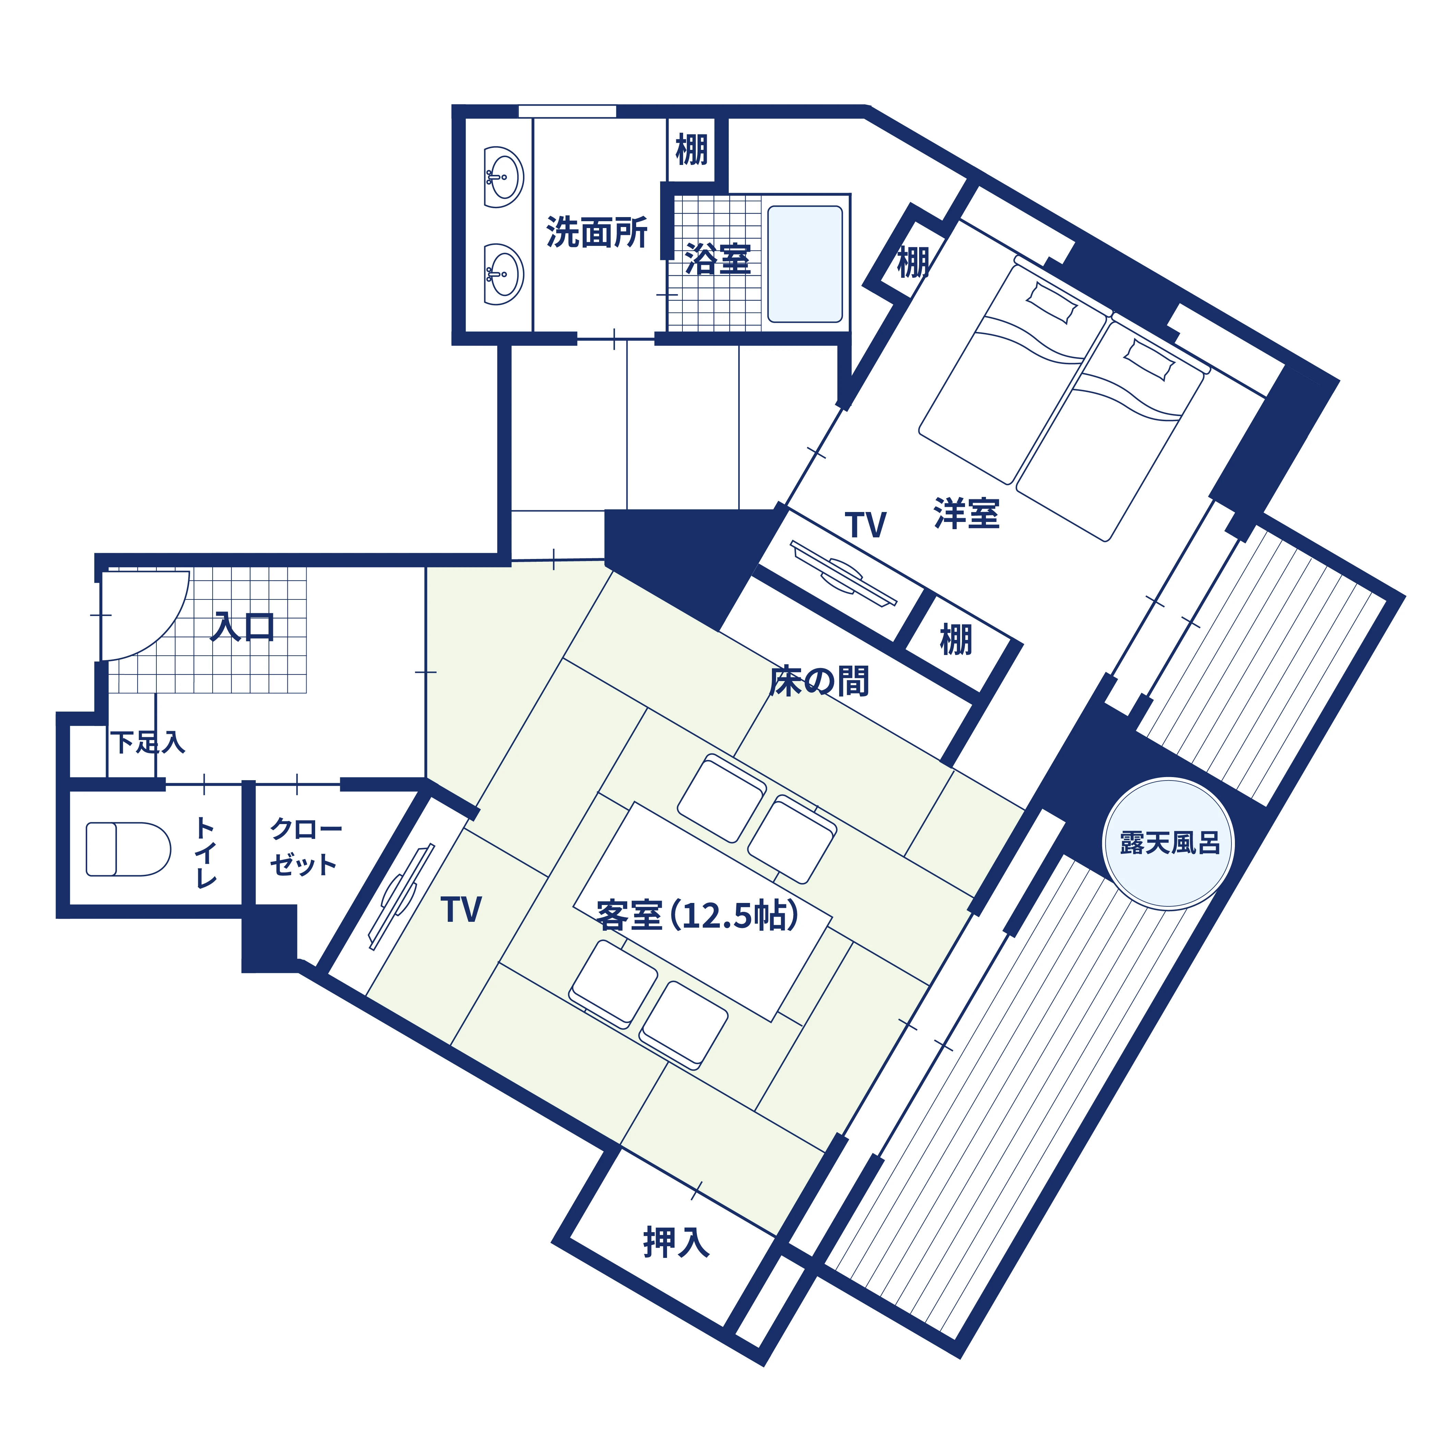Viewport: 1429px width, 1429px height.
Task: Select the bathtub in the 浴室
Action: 805,264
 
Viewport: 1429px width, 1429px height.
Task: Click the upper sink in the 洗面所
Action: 504,177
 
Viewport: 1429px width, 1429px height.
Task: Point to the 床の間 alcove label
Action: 819,681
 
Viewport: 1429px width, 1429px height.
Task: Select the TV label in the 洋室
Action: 865,525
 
